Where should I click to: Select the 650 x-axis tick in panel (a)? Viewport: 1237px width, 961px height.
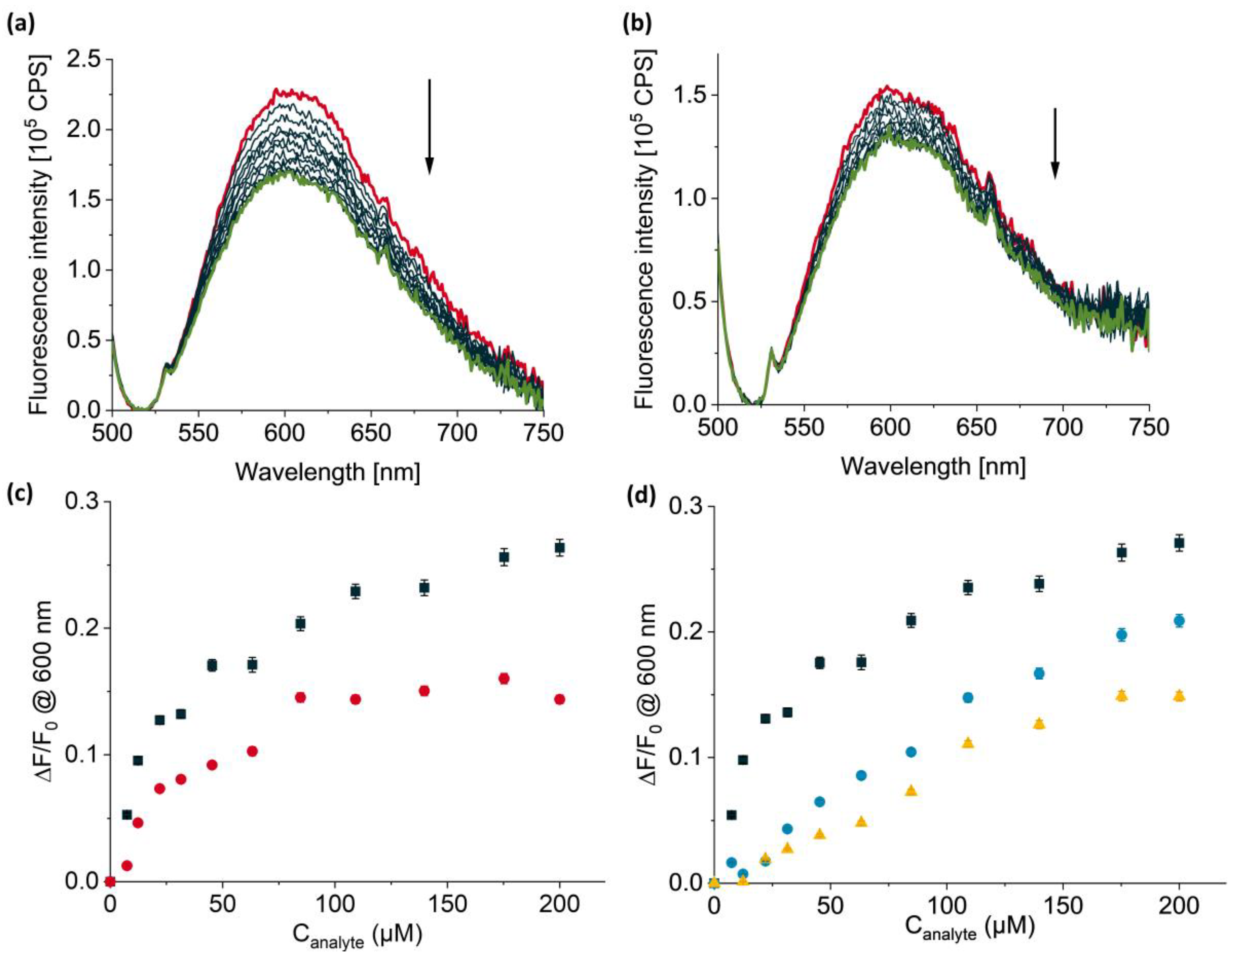click(371, 433)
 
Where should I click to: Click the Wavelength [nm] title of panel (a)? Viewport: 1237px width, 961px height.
click(327, 471)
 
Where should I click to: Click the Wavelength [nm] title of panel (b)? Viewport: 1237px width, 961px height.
click(933, 466)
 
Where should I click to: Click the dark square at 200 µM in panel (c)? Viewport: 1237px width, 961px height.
click(559, 548)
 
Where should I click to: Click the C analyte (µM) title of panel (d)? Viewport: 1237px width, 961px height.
click(969, 929)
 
